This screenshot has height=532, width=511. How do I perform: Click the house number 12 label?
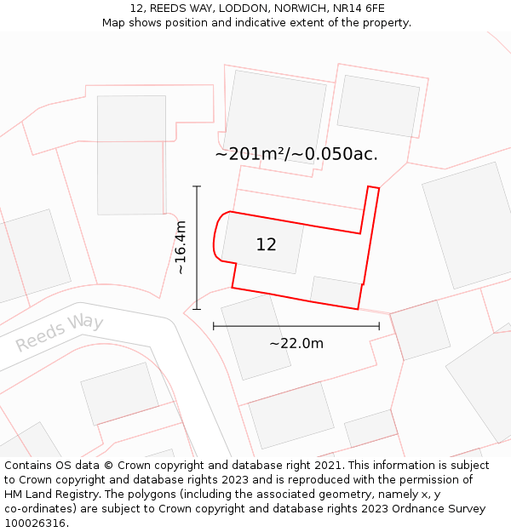point(266,245)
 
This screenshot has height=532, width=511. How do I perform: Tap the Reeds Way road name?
point(60,332)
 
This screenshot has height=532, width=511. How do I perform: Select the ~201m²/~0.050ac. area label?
point(296,154)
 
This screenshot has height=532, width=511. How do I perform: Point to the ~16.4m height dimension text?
point(181,248)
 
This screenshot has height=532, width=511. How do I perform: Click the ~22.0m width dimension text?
point(296,343)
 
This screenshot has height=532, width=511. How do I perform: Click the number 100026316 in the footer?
point(36,523)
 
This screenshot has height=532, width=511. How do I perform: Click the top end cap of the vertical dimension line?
point(197,186)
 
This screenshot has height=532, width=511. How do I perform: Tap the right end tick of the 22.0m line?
point(379,326)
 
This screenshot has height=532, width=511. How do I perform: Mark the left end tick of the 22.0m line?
point(214,326)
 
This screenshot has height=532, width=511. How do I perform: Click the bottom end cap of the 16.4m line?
point(197,309)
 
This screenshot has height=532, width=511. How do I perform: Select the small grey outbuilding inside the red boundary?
point(336,291)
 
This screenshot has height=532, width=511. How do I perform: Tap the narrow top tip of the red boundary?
point(373,188)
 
